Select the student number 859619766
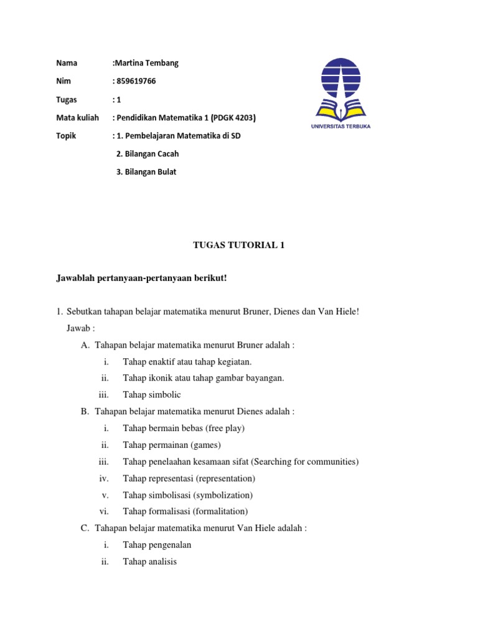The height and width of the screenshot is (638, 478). point(138,81)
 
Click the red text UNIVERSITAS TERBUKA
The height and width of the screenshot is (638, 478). point(348,126)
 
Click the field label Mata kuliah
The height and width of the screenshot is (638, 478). point(78,118)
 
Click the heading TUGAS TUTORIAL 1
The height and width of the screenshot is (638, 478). point(238,245)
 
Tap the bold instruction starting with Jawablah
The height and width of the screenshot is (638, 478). point(142,277)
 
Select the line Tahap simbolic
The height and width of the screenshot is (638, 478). point(152,394)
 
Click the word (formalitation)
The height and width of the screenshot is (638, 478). point(220,512)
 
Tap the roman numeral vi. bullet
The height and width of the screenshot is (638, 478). point(105,512)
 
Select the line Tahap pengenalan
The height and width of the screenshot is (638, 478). point(157,545)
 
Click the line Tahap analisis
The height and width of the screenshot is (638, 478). point(150,561)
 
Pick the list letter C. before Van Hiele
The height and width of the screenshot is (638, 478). point(85,528)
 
